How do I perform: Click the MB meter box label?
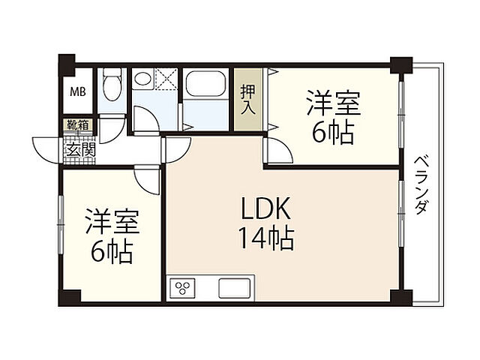click(78, 91)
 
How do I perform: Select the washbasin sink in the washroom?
click(142, 79)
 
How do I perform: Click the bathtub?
click(205, 83)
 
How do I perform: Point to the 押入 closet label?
click(248, 99)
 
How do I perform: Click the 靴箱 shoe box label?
click(78, 125)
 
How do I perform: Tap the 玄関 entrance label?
click(81, 150)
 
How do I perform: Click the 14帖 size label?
click(266, 239)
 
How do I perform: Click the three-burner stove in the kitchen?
click(183, 288)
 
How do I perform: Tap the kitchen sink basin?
click(234, 288)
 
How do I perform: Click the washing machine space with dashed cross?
click(166, 79)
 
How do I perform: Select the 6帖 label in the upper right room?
click(333, 133)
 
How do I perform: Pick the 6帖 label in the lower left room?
click(112, 252)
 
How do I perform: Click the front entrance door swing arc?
click(45, 151)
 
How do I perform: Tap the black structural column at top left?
click(67, 64)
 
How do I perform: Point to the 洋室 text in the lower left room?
click(112, 221)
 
